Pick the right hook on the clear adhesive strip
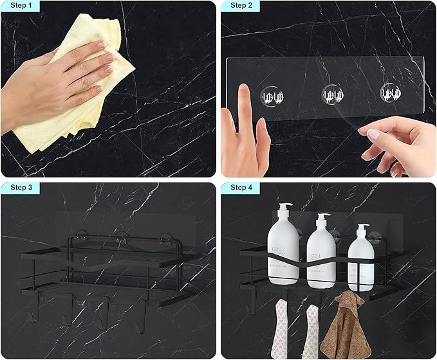point(389,94)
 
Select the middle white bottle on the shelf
point(321,257)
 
